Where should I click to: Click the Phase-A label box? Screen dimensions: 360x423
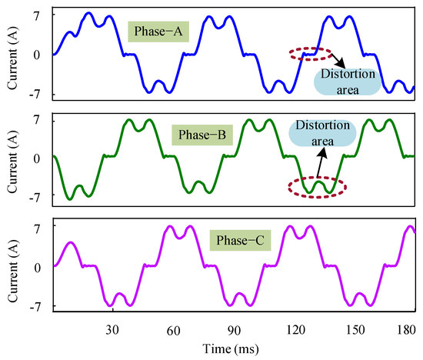153,33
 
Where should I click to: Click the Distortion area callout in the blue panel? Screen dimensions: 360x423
348,80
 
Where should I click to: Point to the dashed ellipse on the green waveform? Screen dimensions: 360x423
315,186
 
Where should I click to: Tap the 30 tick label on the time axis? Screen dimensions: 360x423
112,327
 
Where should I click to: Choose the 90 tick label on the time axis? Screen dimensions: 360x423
234,327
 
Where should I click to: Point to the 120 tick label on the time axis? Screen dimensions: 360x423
295,327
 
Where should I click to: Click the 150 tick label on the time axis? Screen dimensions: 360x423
355,327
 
